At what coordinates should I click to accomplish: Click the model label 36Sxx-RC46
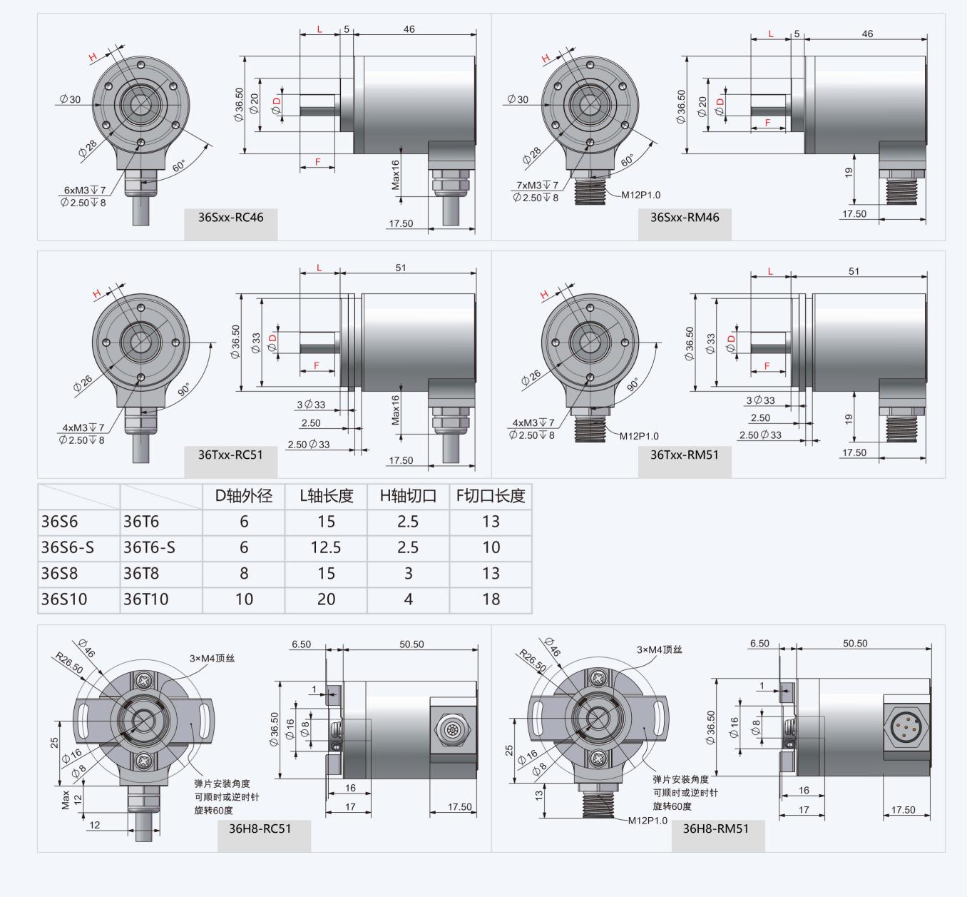(x=230, y=218)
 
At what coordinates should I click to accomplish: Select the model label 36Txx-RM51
(x=684, y=455)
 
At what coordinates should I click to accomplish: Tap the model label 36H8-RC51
(x=260, y=828)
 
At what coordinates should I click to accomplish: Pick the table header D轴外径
(x=243, y=496)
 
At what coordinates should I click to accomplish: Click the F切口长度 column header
(x=491, y=496)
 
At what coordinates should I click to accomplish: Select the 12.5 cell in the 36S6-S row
(x=326, y=547)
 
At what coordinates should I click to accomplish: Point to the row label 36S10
(x=63, y=599)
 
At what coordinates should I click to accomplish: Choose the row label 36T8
(x=140, y=573)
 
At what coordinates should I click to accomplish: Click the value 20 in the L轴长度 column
(x=326, y=599)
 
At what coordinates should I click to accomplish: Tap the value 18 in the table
(x=491, y=599)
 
